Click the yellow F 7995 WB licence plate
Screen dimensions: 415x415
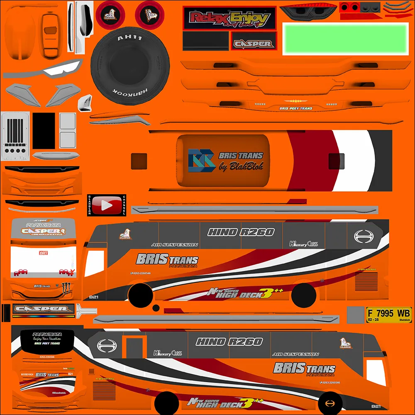(x=388, y=314)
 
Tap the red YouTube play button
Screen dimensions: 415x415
(x=107, y=205)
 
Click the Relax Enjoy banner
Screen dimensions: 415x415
(x=229, y=19)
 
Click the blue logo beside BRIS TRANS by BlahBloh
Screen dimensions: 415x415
(x=201, y=161)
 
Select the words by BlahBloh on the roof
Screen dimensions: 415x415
(x=241, y=166)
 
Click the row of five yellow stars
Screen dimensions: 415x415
(x=295, y=101)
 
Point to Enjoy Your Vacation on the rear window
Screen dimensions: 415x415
(x=46, y=339)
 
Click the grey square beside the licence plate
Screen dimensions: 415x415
(x=355, y=314)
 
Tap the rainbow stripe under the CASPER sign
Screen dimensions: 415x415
(x=43, y=316)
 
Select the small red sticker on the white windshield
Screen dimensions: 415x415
(x=43, y=253)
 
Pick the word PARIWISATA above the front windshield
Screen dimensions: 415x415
(x=43, y=225)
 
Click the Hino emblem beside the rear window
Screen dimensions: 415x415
(x=105, y=345)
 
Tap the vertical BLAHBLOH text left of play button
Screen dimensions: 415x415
(x=89, y=205)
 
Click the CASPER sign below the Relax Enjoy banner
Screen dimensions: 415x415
(x=252, y=44)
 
